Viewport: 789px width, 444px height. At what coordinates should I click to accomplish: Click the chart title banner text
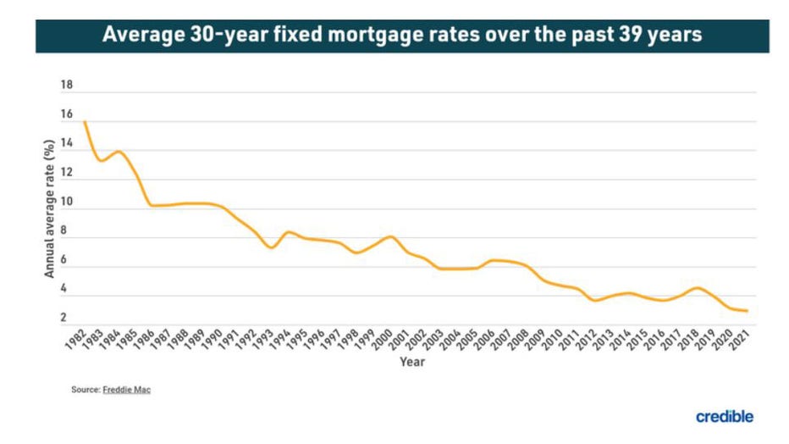pos(402,36)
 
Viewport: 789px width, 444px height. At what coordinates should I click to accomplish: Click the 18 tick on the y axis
pos(67,86)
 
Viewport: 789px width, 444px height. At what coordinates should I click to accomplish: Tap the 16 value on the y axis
pos(67,114)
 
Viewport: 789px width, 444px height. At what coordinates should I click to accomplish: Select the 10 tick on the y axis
pos(67,203)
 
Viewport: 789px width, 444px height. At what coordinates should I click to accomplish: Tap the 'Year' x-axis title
pos(413,362)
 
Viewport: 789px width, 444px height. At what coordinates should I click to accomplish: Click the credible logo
pos(724,416)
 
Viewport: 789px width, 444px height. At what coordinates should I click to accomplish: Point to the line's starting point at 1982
pos(85,122)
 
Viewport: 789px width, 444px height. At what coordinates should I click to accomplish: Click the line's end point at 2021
pos(746,311)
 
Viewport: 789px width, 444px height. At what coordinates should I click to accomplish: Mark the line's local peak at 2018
pos(694,288)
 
